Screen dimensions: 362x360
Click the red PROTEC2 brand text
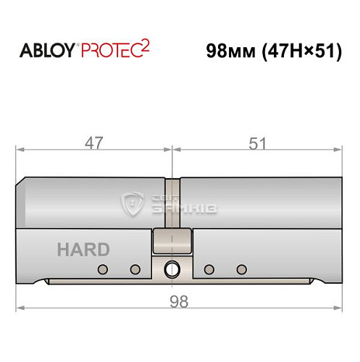pyautogui.click(x=113, y=51)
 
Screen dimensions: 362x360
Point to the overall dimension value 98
pyautogui.click(x=178, y=301)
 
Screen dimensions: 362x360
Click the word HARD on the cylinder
pyautogui.click(x=83, y=251)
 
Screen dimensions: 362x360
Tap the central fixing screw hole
pyautogui.click(x=172, y=269)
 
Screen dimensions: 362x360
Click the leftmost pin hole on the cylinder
pyautogui.click(x=102, y=270)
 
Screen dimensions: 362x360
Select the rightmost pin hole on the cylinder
pyautogui.click(x=241, y=270)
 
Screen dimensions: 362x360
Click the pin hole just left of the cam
pyautogui.click(x=134, y=270)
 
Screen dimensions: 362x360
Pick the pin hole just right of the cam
pyautogui.click(x=209, y=270)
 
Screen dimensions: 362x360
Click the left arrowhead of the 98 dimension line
pyautogui.click(x=20, y=308)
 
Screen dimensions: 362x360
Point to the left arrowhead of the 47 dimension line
pyautogui.click(x=20, y=151)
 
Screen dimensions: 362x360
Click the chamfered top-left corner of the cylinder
pyautogui.click(x=22, y=181)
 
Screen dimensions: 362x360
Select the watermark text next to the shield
pyautogui.click(x=182, y=206)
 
